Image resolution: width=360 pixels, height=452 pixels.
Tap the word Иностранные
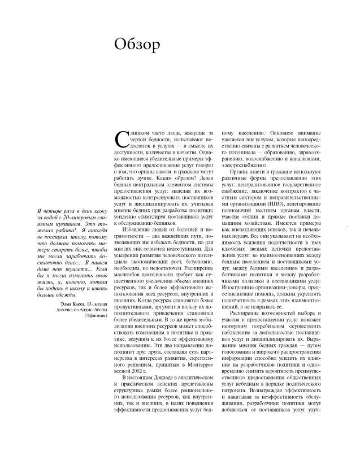pos(241,288)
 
